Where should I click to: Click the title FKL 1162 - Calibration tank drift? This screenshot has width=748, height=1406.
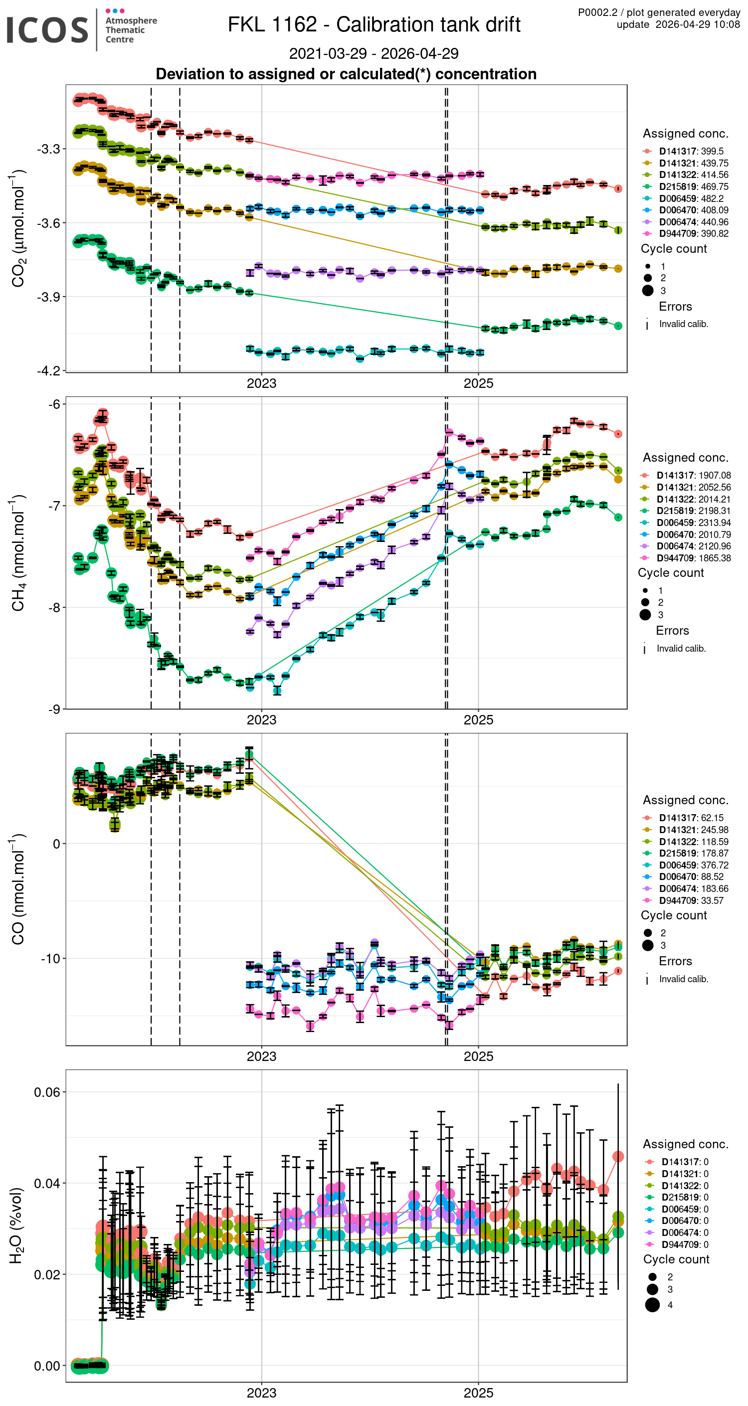pyautogui.click(x=374, y=24)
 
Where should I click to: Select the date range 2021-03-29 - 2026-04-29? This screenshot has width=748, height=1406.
pyautogui.click(x=374, y=53)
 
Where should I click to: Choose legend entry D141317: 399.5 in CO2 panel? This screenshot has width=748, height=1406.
pyautogui.click(x=691, y=151)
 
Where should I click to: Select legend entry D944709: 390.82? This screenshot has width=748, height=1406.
pyautogui.click(x=694, y=234)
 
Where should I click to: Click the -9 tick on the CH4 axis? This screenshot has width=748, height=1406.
pyautogui.click(x=53, y=709)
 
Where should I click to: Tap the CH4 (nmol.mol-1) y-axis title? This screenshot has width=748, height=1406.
pyautogui.click(x=17, y=552)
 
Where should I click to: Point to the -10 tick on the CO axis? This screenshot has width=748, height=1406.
pyautogui.click(x=50, y=958)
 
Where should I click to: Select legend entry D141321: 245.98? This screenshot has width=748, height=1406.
pyautogui.click(x=693, y=830)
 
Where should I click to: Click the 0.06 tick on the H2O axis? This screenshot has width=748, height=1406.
pyautogui.click(x=46, y=1091)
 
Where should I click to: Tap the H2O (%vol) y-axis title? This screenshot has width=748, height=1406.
pyautogui.click(x=16, y=1226)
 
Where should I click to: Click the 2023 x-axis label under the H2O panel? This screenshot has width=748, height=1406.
pyautogui.click(x=261, y=1393)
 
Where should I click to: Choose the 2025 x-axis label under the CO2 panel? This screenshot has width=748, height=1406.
pyautogui.click(x=478, y=384)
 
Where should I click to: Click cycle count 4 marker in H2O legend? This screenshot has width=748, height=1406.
pyautogui.click(x=652, y=1304)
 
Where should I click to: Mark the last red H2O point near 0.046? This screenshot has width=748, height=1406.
pyautogui.click(x=618, y=1156)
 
